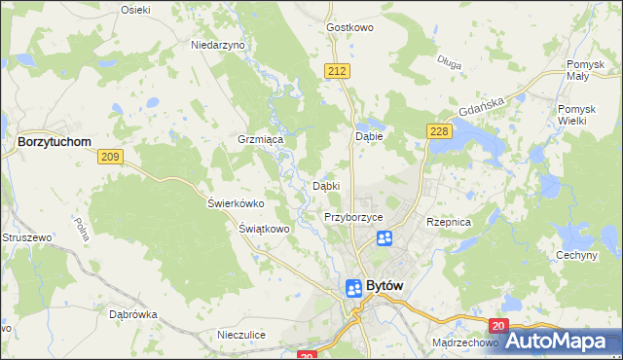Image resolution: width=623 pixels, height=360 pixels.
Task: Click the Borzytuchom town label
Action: pos(55,141)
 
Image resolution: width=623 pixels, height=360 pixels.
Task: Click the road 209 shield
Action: pos(110,158)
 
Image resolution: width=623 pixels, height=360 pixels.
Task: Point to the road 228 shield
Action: pos(437,131)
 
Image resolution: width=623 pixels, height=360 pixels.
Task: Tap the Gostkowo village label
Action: pos(351,28)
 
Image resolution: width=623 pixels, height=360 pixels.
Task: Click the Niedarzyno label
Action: pos(218,45)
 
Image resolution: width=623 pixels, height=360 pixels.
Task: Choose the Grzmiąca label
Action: pos(260,140)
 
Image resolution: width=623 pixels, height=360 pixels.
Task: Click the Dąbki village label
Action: pos(325,185)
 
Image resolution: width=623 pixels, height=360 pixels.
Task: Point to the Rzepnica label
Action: pos(449,222)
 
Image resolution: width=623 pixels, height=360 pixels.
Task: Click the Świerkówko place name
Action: pos(237,203)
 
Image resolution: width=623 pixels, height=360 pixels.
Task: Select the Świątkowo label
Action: pos(265,229)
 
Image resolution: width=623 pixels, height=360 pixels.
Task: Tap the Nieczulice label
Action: pos(241,335)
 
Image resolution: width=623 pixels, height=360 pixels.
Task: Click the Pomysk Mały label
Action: pos(587,70)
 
